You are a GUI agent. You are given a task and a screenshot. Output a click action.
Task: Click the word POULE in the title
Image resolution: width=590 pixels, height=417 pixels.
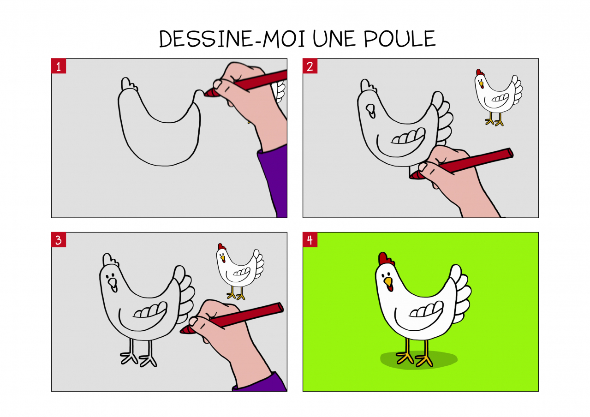(399, 38)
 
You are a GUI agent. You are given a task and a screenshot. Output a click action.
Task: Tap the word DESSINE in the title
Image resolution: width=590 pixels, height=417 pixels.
(206, 38)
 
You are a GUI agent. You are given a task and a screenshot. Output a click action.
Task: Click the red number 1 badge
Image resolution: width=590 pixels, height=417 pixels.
(59, 66)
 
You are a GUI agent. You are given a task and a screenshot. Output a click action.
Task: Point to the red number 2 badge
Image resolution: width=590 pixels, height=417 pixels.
(310, 66)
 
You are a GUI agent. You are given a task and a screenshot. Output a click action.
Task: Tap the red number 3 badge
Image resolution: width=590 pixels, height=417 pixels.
(59, 240)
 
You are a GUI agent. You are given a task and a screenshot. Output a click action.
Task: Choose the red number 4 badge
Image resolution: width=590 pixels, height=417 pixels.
(310, 240)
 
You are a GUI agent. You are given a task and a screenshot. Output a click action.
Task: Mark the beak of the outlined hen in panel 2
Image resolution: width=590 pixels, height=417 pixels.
(370, 111)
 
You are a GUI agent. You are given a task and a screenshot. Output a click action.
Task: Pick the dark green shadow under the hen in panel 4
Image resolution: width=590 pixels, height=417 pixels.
(419, 360)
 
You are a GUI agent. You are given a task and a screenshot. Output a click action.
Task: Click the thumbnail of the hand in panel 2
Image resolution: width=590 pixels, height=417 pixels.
(423, 167)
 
